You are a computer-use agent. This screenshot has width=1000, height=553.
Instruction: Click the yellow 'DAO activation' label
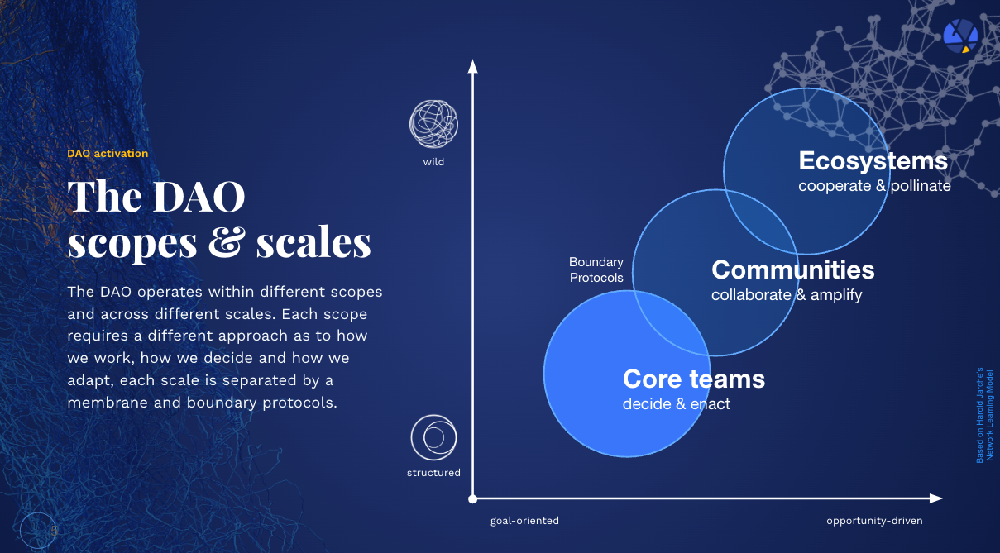coord(108,154)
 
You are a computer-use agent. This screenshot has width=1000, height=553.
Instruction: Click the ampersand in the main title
coord(227,242)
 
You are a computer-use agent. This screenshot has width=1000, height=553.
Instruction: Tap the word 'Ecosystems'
coord(873,161)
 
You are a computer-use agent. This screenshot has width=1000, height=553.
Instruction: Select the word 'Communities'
coord(793,269)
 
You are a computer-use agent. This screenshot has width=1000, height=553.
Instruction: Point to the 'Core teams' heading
coord(694,379)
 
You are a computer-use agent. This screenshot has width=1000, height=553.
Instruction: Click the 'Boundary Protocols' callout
coord(596,269)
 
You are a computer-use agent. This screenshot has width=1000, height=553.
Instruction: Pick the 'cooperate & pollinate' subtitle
coord(874,186)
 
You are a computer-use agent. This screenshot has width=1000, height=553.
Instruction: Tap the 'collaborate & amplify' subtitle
coord(787,295)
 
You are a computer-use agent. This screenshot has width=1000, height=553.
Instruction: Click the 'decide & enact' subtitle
coord(677,404)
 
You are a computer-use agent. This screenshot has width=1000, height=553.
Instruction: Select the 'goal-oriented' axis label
coord(524,521)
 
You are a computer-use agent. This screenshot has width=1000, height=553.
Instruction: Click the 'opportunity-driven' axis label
coord(874,521)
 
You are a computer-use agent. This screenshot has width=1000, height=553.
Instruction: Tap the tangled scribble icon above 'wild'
coord(433,124)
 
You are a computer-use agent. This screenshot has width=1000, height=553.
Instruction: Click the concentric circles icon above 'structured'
coord(433,437)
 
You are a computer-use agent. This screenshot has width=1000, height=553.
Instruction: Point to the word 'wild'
coord(433,162)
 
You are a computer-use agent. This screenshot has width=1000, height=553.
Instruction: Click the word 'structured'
coord(433,473)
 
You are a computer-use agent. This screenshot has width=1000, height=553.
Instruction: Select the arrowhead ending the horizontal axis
coord(936,498)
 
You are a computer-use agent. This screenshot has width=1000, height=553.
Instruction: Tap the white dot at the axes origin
coord(473,499)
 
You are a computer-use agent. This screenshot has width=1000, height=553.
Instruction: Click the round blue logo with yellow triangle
coord(961,36)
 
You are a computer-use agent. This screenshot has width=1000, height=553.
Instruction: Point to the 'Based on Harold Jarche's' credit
coord(980,415)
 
